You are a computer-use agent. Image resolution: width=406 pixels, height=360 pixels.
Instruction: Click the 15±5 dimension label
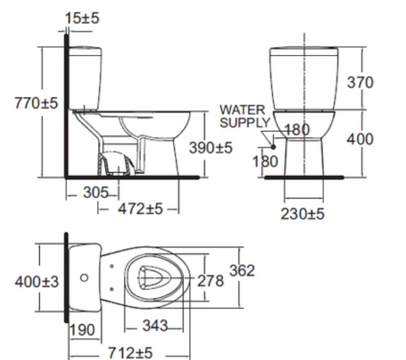click(x=82, y=19)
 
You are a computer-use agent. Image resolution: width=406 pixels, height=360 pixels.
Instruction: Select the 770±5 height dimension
click(x=36, y=103)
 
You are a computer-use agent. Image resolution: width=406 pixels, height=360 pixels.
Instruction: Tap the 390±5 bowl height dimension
click(x=211, y=148)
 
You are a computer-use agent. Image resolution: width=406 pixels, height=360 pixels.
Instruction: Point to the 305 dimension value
click(x=96, y=193)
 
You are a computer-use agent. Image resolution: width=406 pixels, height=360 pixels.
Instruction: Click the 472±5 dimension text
click(x=140, y=208)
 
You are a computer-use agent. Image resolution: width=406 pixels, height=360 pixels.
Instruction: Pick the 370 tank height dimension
click(x=360, y=83)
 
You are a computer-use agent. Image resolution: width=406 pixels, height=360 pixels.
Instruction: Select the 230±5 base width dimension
click(x=303, y=214)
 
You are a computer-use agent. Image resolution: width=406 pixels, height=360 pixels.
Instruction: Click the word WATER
click(x=242, y=110)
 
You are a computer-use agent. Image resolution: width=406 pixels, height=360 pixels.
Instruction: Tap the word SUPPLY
click(x=244, y=122)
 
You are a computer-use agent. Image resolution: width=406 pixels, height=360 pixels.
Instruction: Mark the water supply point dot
click(x=273, y=147)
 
